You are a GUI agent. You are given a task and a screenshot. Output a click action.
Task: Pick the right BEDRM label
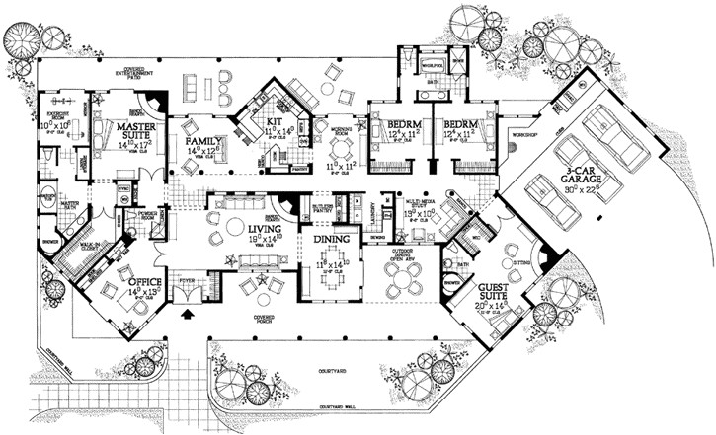461,126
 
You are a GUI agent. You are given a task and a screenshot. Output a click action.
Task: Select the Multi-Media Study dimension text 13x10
422,213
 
